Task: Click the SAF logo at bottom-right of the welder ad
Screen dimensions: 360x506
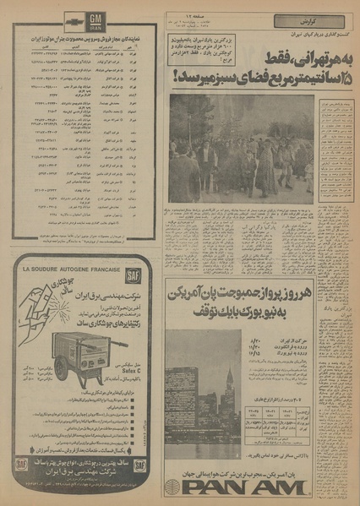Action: [x=140, y=464]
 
